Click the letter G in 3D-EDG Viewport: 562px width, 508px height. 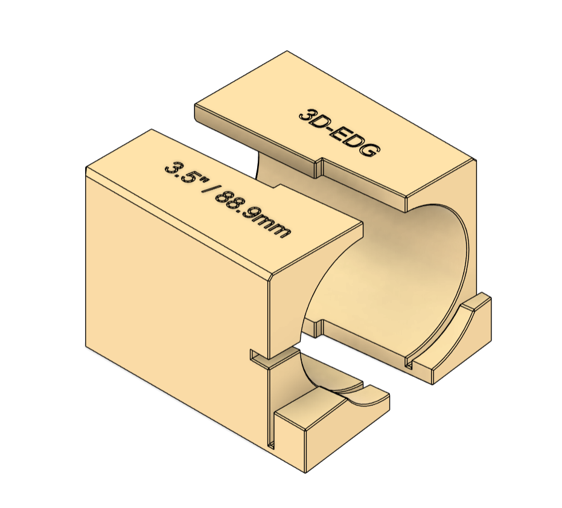[369, 150]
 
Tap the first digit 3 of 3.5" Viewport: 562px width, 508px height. [171, 166]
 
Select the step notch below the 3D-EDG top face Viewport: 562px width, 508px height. [319, 167]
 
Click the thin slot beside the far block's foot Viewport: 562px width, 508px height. [409, 362]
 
